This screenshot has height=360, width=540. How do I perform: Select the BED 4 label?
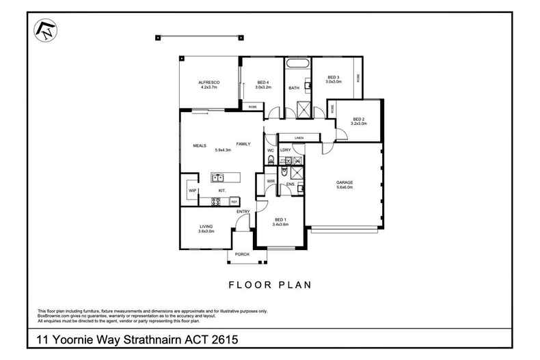[x=263, y=82]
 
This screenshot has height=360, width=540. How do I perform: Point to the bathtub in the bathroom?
[x=298, y=64]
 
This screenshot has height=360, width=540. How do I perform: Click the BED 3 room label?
[x=334, y=77]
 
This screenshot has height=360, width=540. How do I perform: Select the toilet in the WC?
[x=271, y=161]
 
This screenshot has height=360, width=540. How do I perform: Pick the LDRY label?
[x=286, y=150]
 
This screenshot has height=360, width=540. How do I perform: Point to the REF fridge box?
[x=234, y=202]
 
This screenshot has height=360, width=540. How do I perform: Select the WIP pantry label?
[x=192, y=191]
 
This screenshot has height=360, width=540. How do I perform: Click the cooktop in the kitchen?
[x=216, y=202]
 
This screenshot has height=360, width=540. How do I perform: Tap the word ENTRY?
[x=243, y=212]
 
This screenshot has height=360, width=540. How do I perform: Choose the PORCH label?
[x=242, y=255]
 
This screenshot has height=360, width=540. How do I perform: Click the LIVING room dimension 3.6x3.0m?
[x=206, y=231]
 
